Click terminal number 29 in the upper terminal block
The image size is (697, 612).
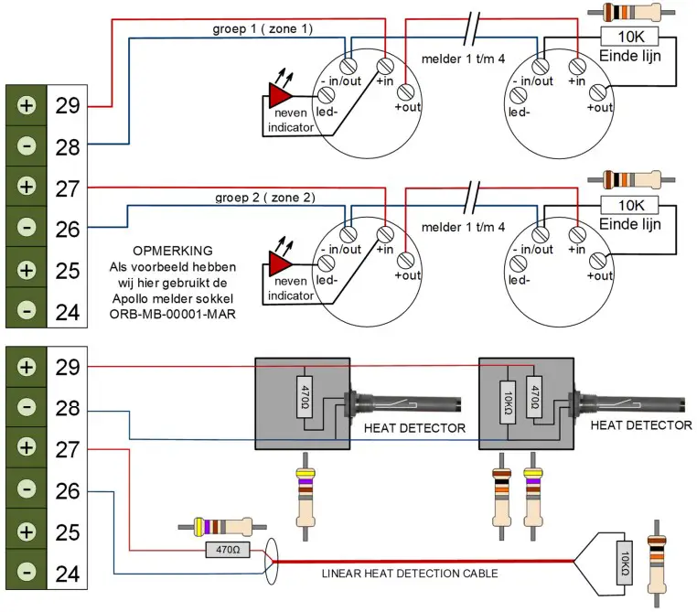point(67,105)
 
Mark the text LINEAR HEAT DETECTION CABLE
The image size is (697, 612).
point(411,574)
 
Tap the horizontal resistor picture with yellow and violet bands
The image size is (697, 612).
point(222,526)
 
